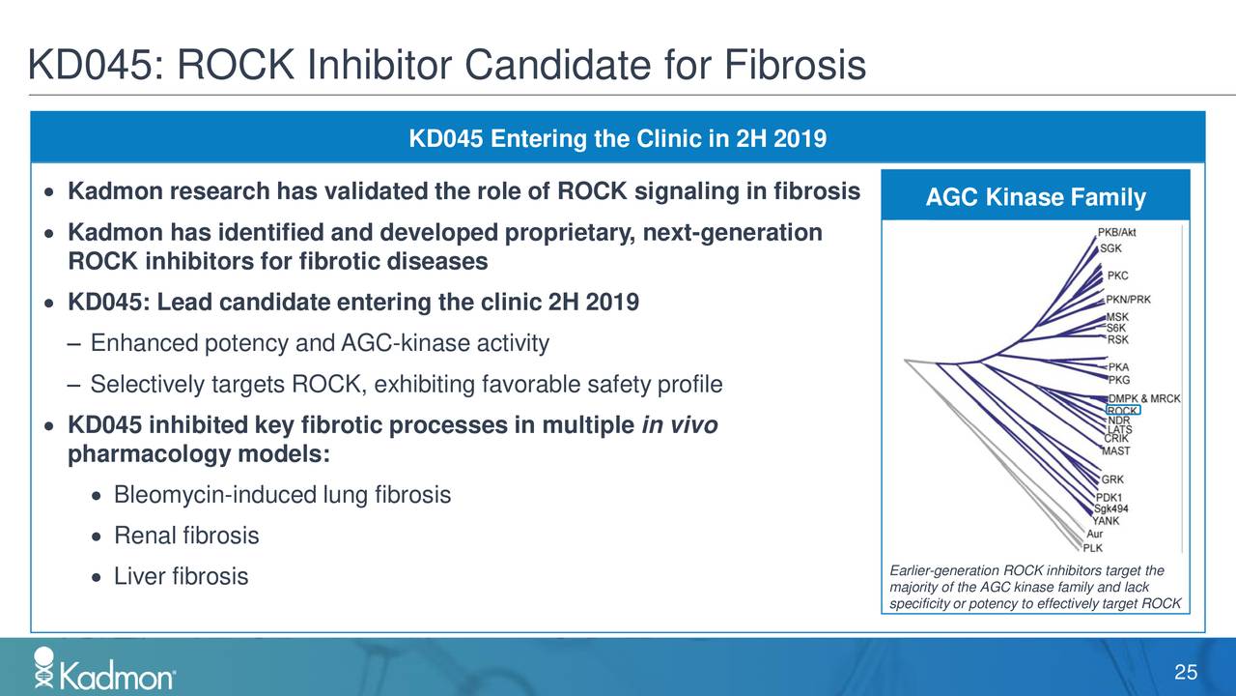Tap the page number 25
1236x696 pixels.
click(1186, 673)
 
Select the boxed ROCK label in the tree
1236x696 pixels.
click(1122, 411)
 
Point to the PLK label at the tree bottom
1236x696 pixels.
click(1092, 547)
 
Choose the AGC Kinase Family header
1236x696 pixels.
click(1035, 198)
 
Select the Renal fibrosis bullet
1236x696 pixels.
click(186, 536)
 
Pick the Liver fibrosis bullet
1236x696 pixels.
click(181, 577)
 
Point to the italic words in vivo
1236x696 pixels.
click(679, 426)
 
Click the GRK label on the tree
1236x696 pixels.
click(1112, 479)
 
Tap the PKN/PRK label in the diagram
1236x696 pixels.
click(1128, 300)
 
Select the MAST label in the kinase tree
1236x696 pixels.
click(1115, 451)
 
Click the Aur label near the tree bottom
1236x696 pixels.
click(1094, 534)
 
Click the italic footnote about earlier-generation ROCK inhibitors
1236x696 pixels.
click(1032, 587)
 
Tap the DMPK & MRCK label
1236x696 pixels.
click(1143, 399)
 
